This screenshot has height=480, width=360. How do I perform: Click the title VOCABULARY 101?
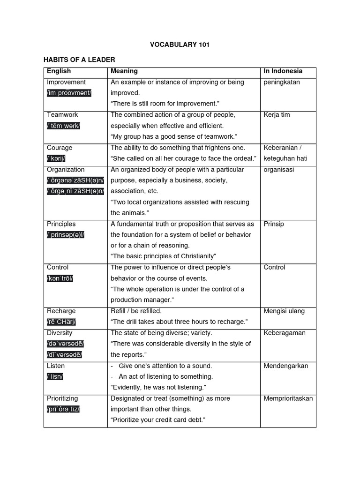[x=180, y=45]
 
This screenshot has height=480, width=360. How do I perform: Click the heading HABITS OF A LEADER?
[x=79, y=60]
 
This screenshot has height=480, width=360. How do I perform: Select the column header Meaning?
[x=124, y=71]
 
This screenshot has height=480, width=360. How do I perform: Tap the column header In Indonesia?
[x=283, y=71]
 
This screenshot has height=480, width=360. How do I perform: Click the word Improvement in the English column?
[x=66, y=82]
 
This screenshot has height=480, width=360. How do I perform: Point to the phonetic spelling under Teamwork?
[x=63, y=126]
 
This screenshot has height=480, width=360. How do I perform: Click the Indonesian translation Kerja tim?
[x=277, y=115]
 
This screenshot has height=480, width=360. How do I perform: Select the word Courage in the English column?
[x=60, y=148]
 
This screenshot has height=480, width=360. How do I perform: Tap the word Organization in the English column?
[x=66, y=170]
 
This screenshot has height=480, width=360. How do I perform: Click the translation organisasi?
[x=279, y=170]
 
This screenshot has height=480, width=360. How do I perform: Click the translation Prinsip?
[x=274, y=224]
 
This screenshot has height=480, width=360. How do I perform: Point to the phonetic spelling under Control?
[x=60, y=278]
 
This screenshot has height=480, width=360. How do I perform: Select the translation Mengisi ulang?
[x=284, y=311]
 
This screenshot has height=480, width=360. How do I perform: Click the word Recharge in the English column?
[x=61, y=311]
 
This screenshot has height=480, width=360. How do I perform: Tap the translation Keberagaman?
[x=285, y=333]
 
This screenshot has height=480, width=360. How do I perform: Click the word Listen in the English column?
[x=56, y=366]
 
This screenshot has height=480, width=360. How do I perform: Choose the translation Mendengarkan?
[x=286, y=366]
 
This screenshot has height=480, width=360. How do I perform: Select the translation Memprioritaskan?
[x=288, y=398]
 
